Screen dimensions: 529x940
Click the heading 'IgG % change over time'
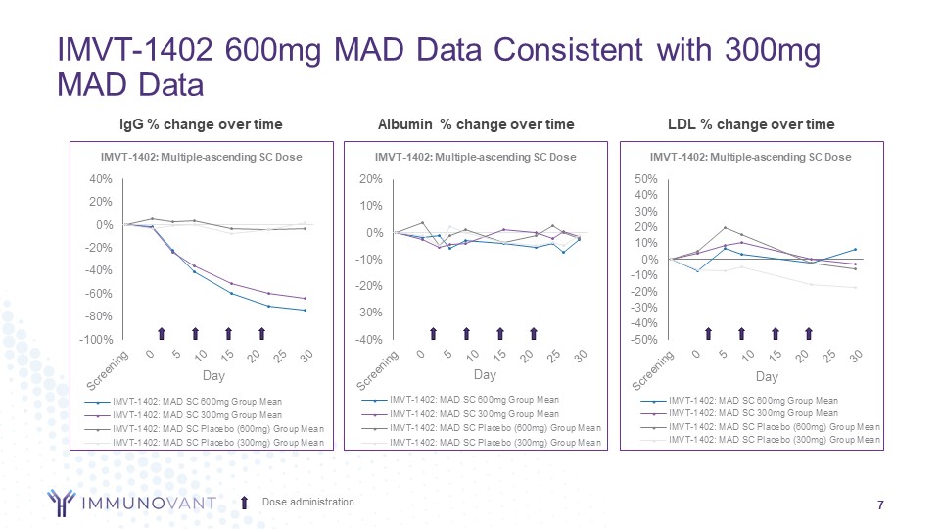click(200, 124)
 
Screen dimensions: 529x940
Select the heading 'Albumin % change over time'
click(475, 124)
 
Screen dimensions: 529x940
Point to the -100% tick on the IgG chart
click(97, 340)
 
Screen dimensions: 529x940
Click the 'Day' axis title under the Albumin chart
click(485, 375)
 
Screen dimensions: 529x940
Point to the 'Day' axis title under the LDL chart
click(767, 376)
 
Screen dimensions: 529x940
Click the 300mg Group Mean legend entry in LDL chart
click(753, 413)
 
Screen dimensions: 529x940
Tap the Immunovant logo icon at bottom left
click(66, 503)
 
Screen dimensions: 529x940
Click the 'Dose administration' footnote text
click(307, 503)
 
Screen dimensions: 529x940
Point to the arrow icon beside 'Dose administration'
click(245, 503)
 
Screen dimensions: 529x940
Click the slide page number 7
click(881, 505)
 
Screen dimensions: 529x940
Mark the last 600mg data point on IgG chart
click(305, 311)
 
